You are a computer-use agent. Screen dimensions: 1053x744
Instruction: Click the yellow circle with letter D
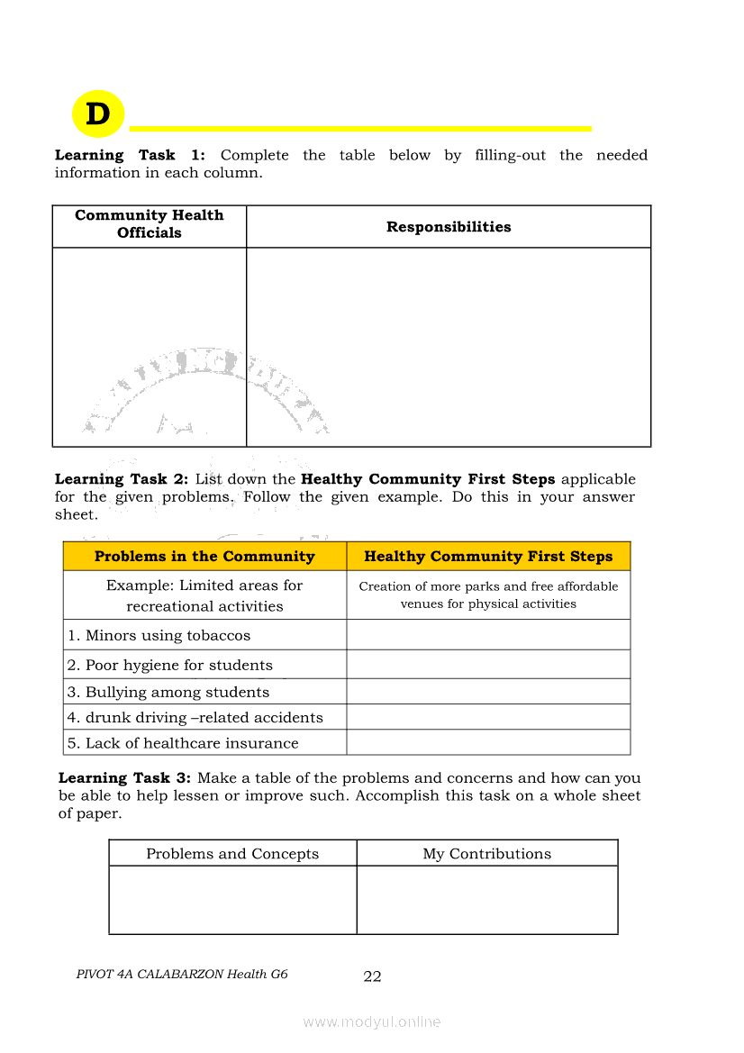coord(97,114)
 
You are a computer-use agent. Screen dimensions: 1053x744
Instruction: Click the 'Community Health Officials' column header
coord(149,224)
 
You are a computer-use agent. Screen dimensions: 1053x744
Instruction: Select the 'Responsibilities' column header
coord(449,227)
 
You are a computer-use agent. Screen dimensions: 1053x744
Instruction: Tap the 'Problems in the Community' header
coord(204,557)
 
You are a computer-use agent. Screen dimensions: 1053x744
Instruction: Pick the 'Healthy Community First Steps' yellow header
coord(488,557)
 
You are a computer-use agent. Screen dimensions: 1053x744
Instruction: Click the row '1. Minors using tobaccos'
coord(159,635)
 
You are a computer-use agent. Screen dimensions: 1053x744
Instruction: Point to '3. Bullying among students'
coord(168,692)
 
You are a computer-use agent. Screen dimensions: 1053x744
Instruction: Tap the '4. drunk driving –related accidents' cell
coord(195,717)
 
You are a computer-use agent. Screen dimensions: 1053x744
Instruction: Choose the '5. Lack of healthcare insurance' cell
coord(183,743)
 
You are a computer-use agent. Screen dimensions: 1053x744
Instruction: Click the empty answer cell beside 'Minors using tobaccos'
coord(488,635)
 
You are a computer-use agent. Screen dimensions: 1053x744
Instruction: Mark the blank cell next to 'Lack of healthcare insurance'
coord(488,743)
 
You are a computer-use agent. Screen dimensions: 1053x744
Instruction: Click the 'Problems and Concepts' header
coord(232,854)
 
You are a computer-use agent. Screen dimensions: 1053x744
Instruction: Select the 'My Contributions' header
coord(487,854)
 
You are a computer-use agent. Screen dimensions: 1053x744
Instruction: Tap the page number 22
coord(372,976)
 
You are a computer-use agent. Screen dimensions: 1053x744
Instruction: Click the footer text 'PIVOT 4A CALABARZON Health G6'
coord(182,974)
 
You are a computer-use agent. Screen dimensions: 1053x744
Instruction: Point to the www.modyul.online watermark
coord(372,1021)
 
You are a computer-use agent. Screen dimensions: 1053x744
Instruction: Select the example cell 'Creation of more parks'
coord(488,595)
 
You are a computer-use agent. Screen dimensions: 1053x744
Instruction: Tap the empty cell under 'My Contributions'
coord(487,900)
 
